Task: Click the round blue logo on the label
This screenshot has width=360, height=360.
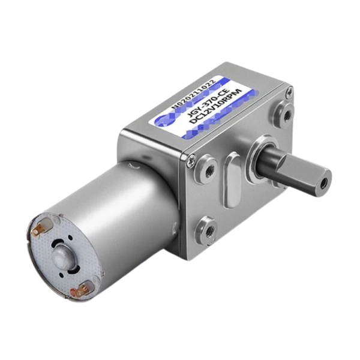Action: [x=163, y=120]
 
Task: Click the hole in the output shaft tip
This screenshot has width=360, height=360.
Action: [x=325, y=178]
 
